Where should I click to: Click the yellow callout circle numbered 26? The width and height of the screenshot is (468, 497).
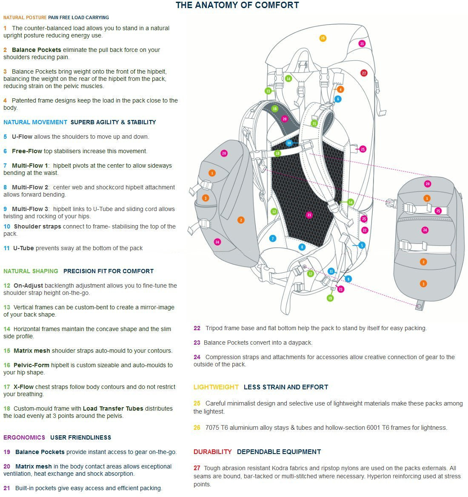click(322, 38)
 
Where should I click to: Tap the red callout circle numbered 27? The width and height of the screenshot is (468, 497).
click(364, 73)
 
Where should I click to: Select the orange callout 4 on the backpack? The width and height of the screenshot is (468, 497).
click(340, 89)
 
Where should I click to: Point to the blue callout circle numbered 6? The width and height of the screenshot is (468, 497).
click(338, 99)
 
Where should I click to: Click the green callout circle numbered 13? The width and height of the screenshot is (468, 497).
click(268, 91)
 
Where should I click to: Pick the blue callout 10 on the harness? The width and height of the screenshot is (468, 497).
click(288, 143)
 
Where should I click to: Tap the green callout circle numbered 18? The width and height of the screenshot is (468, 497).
click(277, 154)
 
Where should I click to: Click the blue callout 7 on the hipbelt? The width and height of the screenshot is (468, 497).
click(272, 238)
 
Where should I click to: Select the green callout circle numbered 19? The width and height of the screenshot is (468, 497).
click(330, 298)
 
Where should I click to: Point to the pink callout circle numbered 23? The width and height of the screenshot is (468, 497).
click(340, 289)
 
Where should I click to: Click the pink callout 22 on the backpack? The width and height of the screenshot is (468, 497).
click(364, 230)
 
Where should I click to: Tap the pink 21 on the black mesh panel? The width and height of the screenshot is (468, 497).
click(309, 215)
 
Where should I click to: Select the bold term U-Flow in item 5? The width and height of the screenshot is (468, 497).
click(22, 137)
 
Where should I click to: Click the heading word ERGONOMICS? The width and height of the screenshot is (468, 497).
click(24, 437)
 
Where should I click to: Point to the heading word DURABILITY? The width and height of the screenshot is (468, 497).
click(213, 451)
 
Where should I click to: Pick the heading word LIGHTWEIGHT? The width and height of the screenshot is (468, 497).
click(216, 387)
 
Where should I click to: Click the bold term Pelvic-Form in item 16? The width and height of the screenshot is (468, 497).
click(31, 365)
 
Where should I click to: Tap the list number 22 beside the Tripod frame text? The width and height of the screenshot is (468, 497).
click(197, 328)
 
